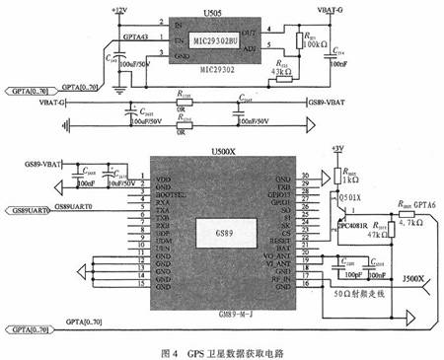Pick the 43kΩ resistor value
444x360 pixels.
(281, 71)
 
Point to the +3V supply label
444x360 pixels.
(338, 148)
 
